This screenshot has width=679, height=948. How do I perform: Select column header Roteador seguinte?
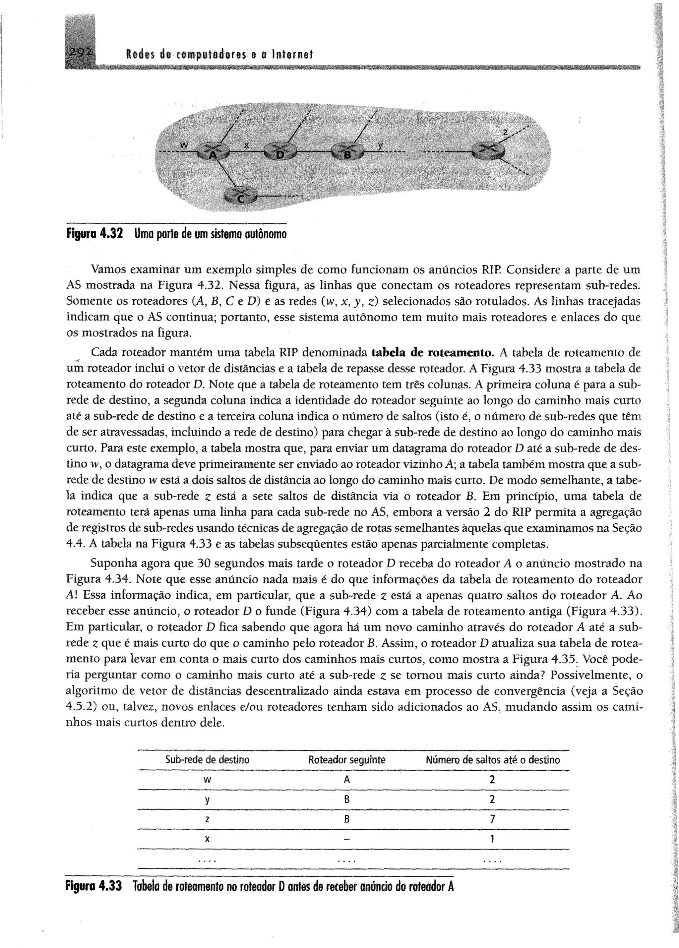click(346, 759)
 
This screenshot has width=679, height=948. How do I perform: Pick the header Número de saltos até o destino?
click(493, 759)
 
